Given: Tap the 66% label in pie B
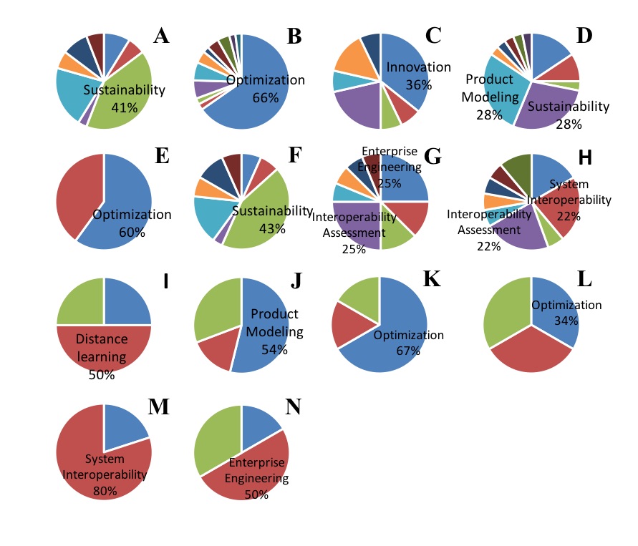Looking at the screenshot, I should coord(265,97).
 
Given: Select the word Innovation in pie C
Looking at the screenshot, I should coord(418,67).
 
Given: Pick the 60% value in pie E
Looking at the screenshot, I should coord(121,230).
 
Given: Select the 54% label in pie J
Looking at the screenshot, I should coord(274,349).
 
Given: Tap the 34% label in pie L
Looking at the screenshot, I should coord(566,321).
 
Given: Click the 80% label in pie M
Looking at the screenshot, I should coord(105,492).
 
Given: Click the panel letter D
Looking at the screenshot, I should coord(584,36).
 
